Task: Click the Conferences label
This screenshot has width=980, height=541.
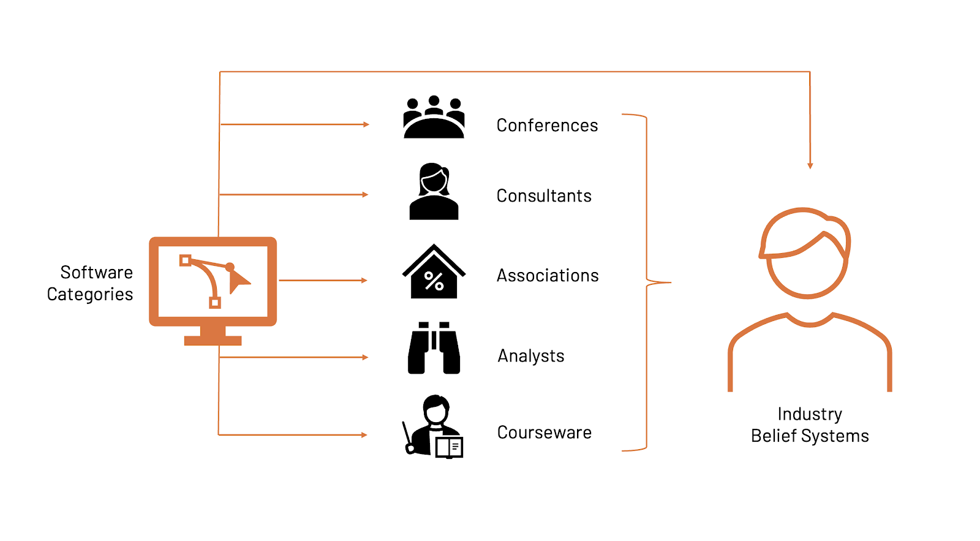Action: (547, 126)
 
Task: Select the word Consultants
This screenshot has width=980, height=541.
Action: (544, 196)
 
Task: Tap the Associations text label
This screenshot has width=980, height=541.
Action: (548, 276)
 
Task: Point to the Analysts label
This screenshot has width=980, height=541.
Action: (531, 356)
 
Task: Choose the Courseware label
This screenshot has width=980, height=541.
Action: (545, 433)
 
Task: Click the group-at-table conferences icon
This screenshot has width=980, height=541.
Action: (434, 117)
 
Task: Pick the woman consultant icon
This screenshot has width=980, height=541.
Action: (434, 191)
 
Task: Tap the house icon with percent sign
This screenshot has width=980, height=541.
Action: (434, 272)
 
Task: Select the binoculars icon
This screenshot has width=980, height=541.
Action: (434, 348)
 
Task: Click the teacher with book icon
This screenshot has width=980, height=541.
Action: (434, 426)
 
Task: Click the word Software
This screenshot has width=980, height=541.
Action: (97, 272)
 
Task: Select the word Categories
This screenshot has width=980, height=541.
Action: (90, 295)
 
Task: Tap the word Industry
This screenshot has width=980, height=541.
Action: (810, 414)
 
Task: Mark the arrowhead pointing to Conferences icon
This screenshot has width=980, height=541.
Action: (366, 124)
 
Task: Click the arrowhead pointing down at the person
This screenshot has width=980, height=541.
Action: (810, 166)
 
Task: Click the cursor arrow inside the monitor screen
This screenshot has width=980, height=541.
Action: (238, 281)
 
